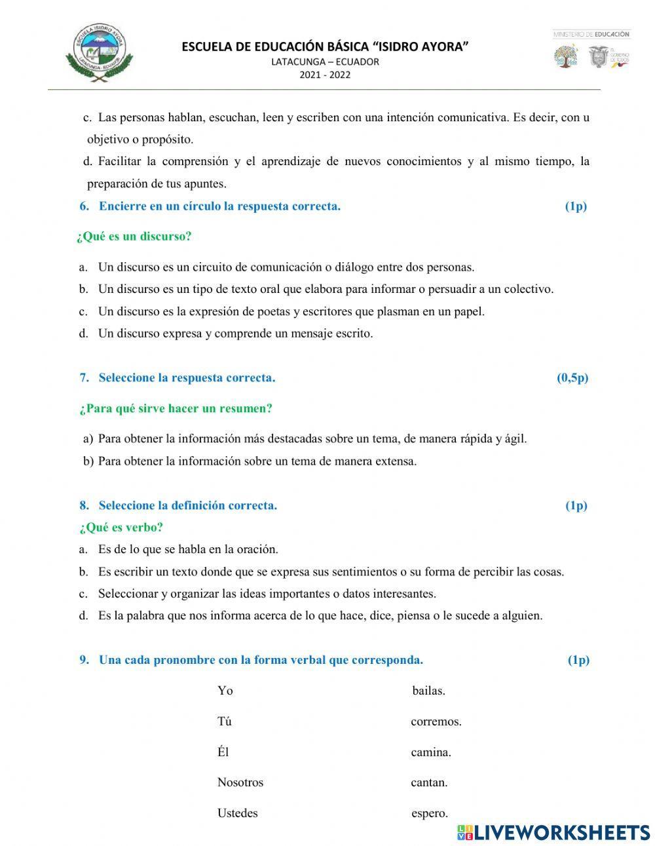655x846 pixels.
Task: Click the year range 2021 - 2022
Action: pyautogui.click(x=325, y=74)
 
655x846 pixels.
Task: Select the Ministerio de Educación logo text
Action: pyautogui.click(x=591, y=34)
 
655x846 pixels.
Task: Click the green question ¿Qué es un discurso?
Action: pyautogui.click(x=134, y=237)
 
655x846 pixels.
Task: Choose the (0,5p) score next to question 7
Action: pyautogui.click(x=572, y=377)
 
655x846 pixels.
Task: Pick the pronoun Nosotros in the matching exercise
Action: pyautogui.click(x=240, y=782)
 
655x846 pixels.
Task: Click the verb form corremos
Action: pyautogui.click(x=436, y=721)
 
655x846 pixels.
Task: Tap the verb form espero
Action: pyautogui.click(x=429, y=813)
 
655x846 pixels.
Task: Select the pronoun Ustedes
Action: pyautogui.click(x=237, y=813)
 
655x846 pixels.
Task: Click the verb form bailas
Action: pyautogui.click(x=428, y=691)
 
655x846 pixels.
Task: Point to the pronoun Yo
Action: pyautogui.click(x=225, y=691)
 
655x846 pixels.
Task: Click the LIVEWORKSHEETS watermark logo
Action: pyautogui.click(x=553, y=832)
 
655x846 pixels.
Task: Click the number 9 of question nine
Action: pyautogui.click(x=84, y=660)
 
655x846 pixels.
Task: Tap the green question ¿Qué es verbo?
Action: pyautogui.click(x=121, y=527)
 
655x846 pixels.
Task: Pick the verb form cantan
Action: pyautogui.click(x=429, y=782)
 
